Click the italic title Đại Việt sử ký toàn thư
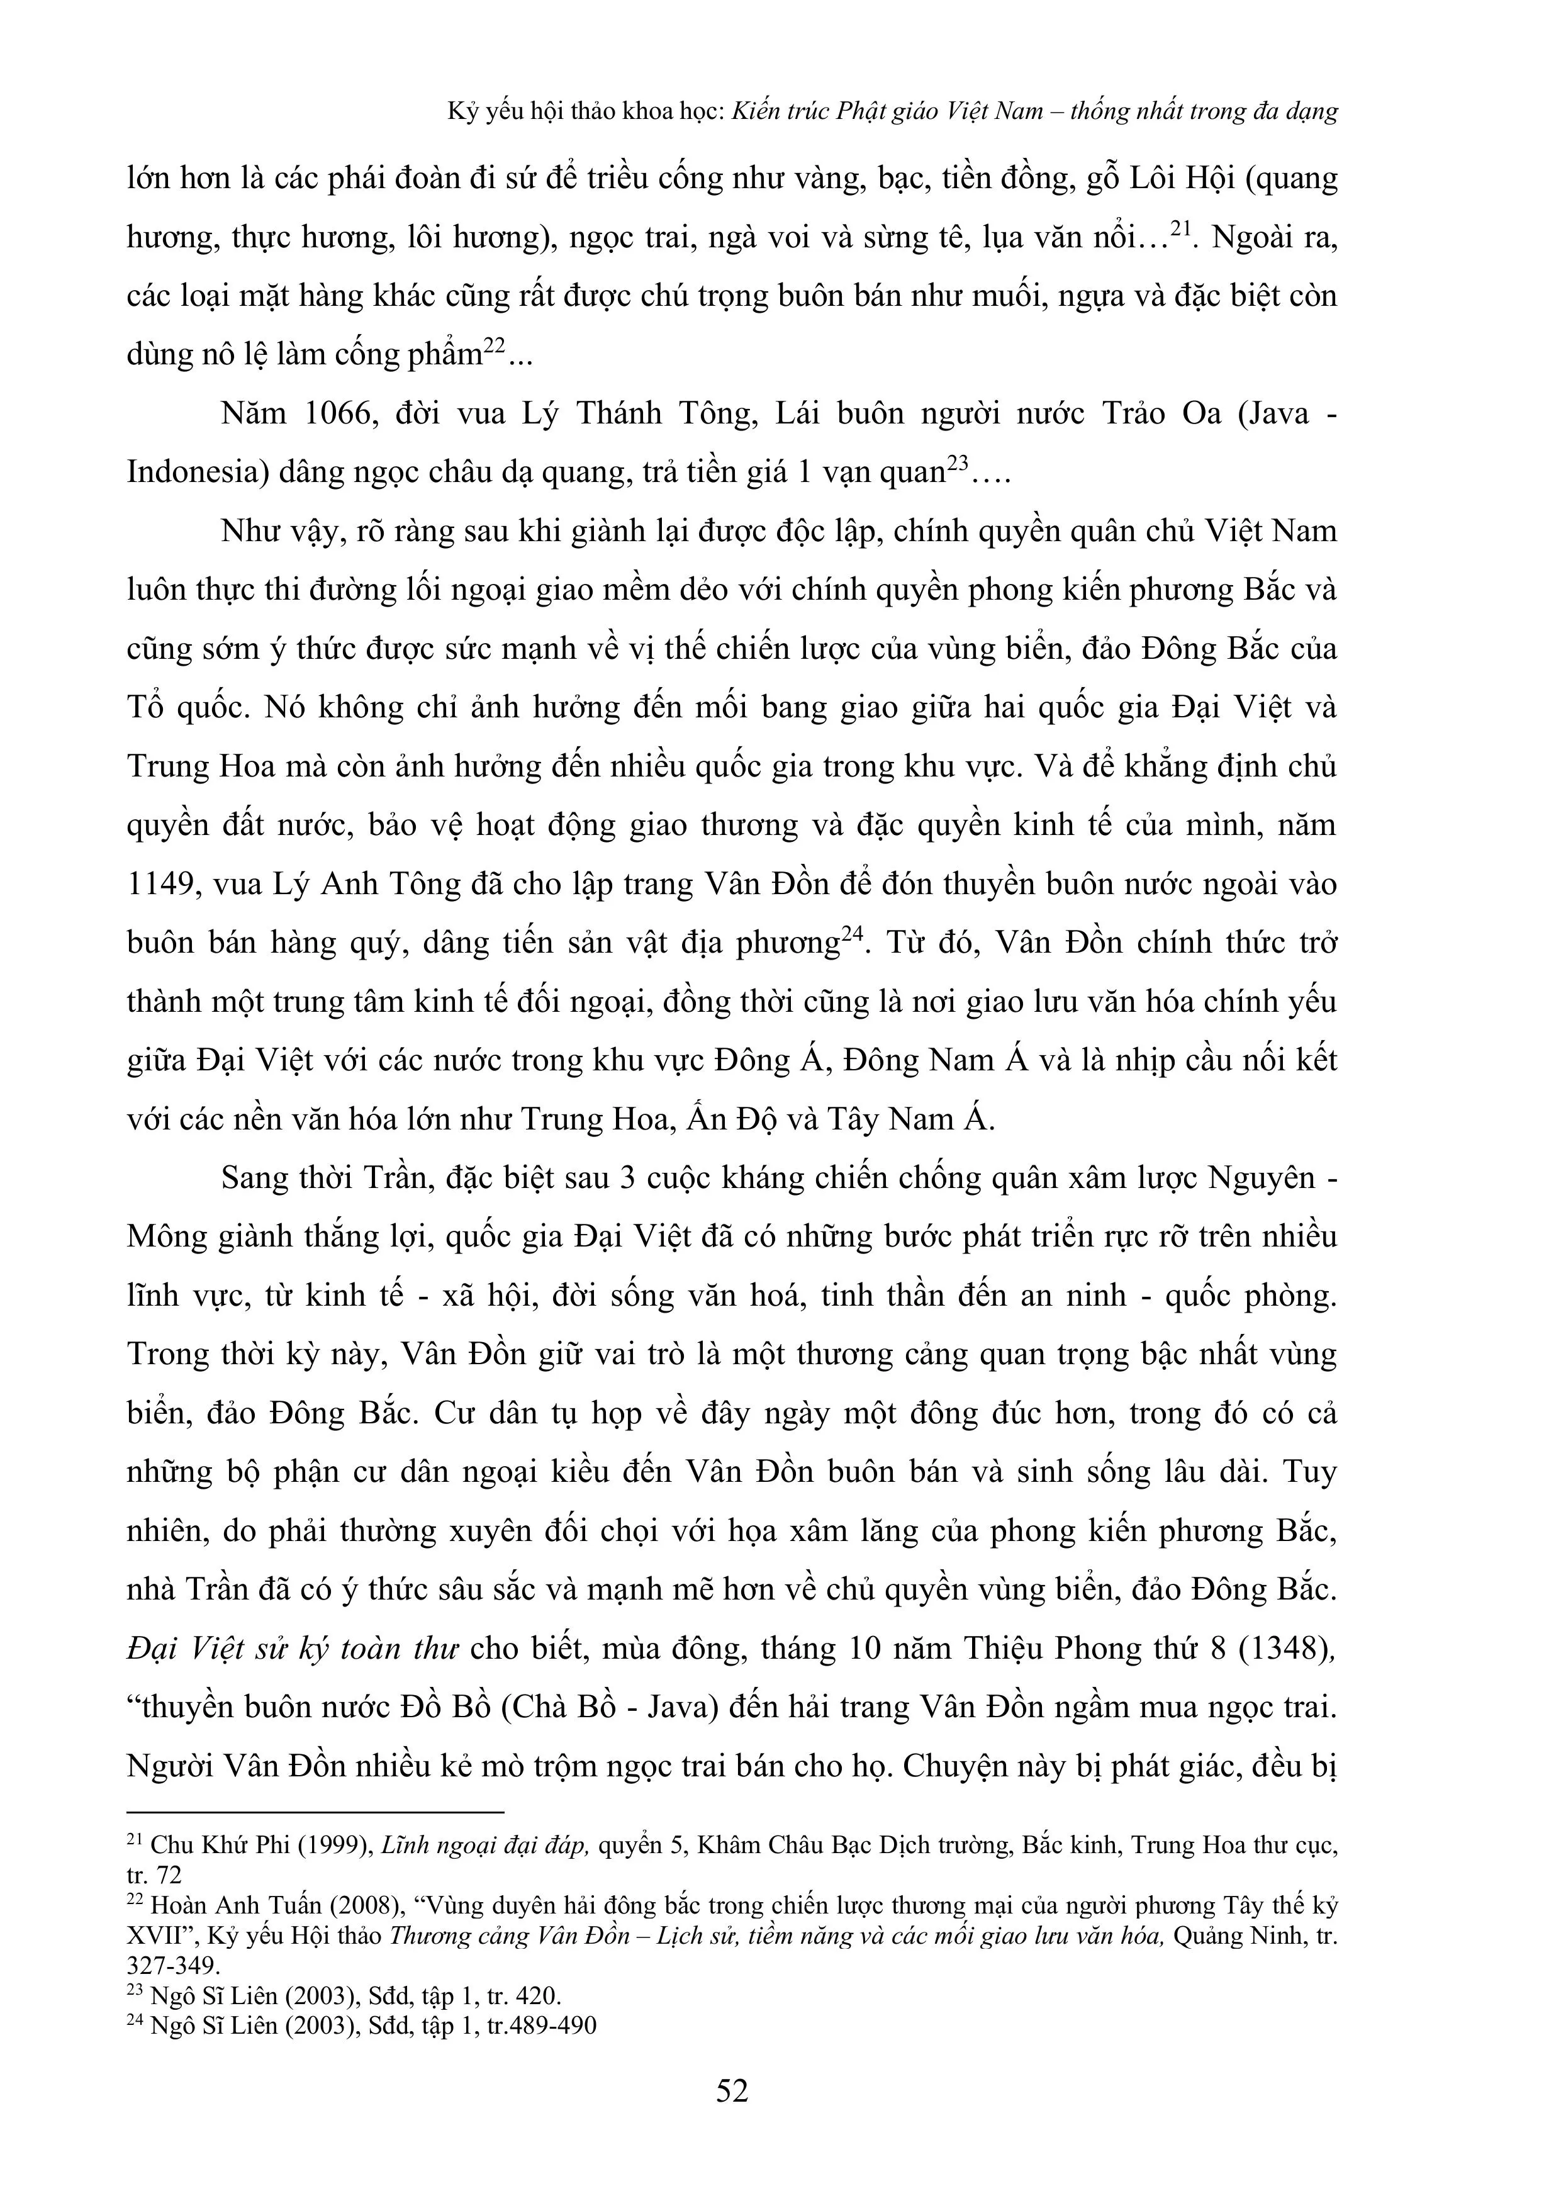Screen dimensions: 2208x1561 pos(293,1649)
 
